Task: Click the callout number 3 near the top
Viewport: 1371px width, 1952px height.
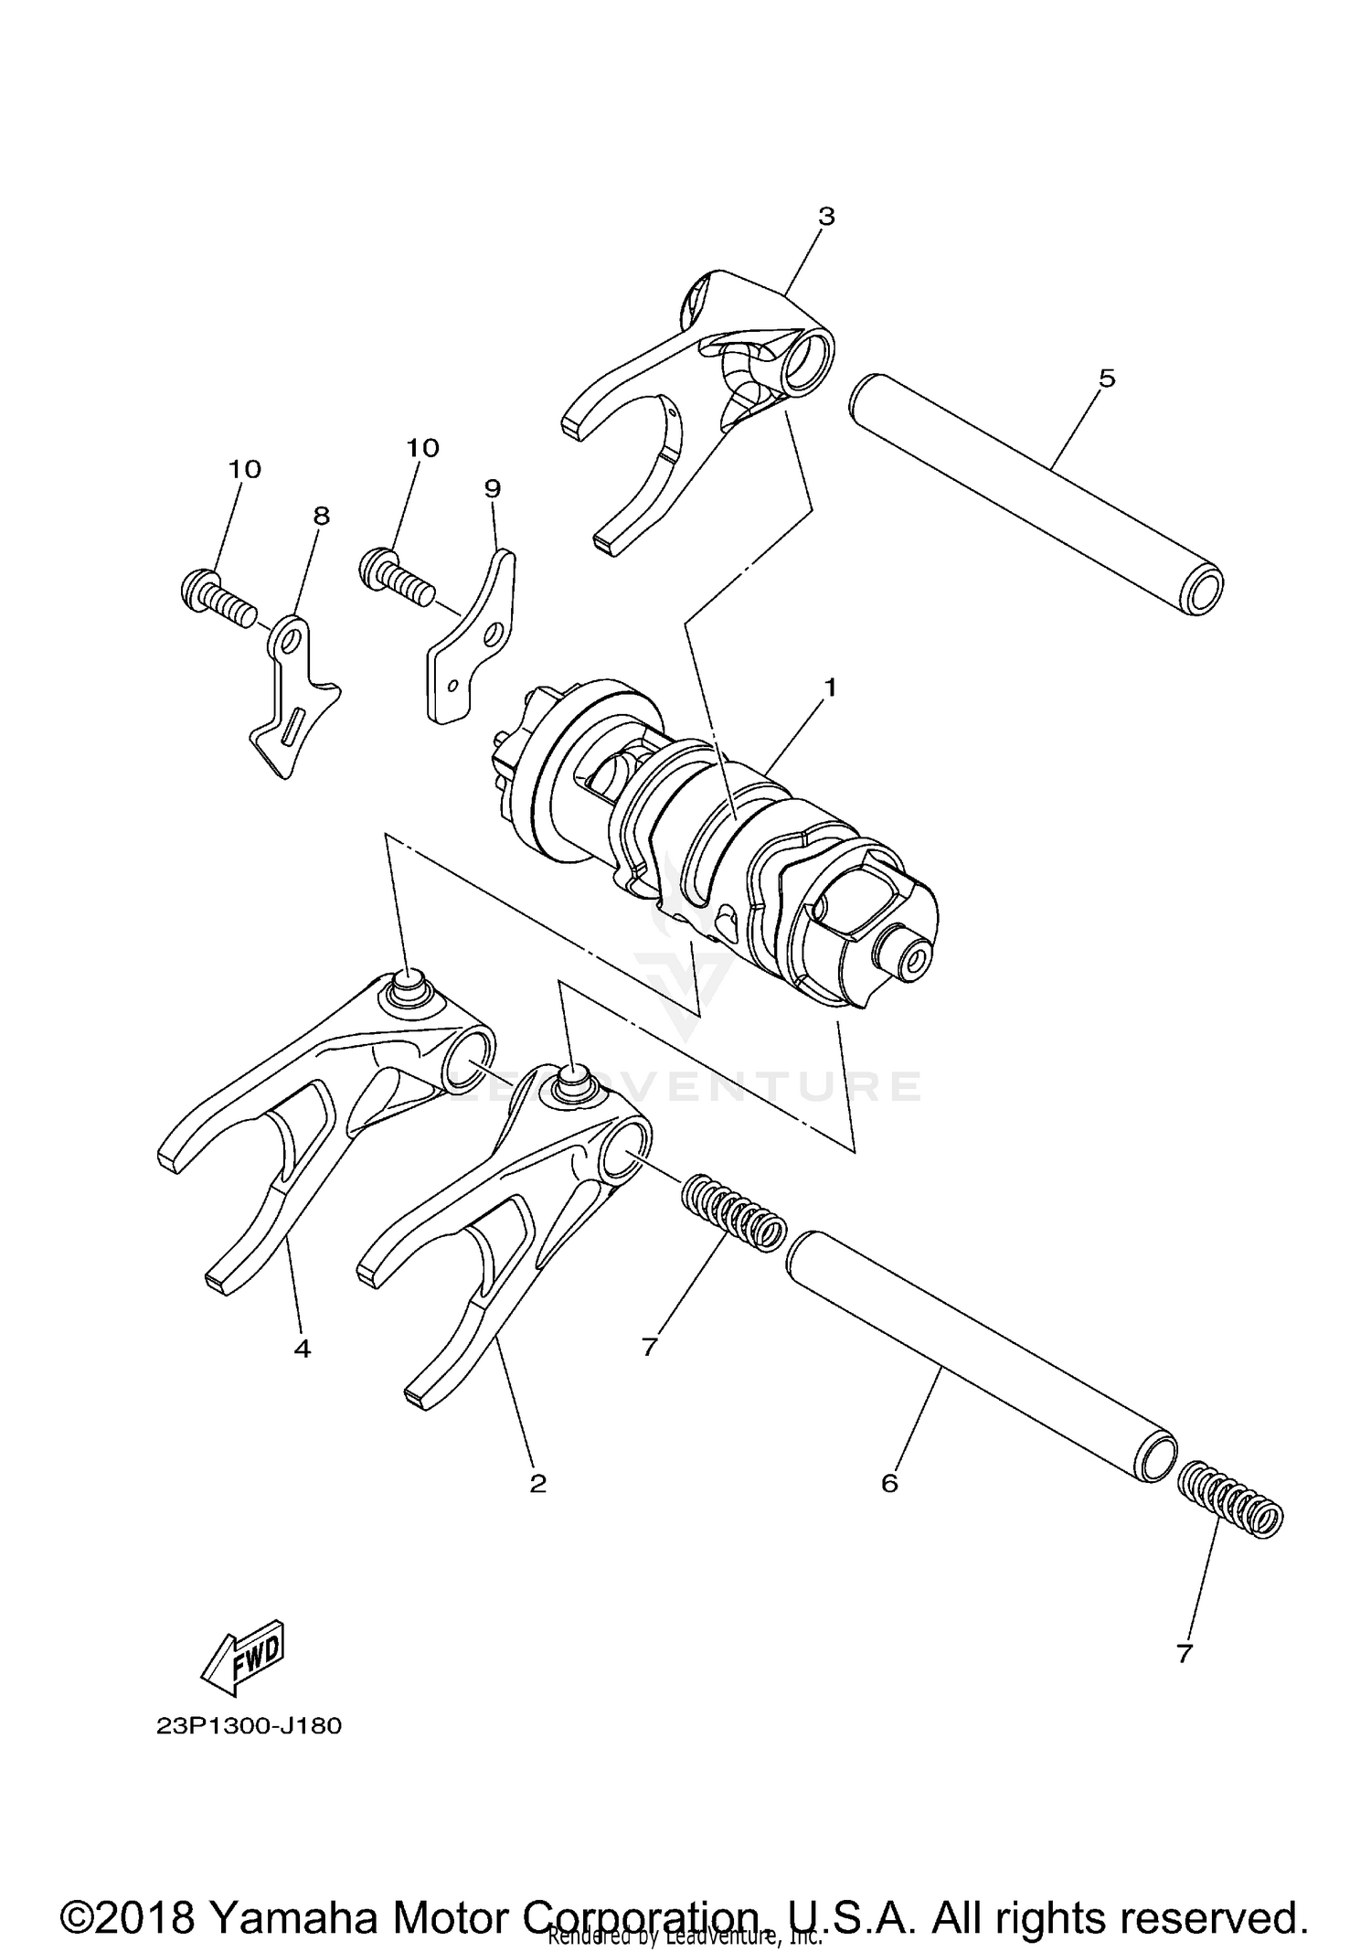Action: tap(826, 217)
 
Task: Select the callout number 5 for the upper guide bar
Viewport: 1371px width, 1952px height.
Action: tap(1107, 378)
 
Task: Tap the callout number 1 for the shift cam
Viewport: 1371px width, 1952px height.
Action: tap(830, 687)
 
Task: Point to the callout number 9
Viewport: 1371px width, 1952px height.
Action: tap(493, 488)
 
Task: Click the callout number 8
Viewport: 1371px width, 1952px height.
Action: tap(321, 516)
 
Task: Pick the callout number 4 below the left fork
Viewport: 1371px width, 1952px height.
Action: tap(303, 1348)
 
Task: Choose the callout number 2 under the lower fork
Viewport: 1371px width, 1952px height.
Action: tap(537, 1482)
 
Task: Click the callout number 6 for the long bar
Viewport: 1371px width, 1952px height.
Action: tap(889, 1482)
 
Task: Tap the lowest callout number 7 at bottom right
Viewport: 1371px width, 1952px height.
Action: tap(1185, 1653)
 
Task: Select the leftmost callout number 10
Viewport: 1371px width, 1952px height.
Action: tap(245, 469)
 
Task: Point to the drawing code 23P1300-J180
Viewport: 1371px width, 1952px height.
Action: tap(249, 1726)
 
